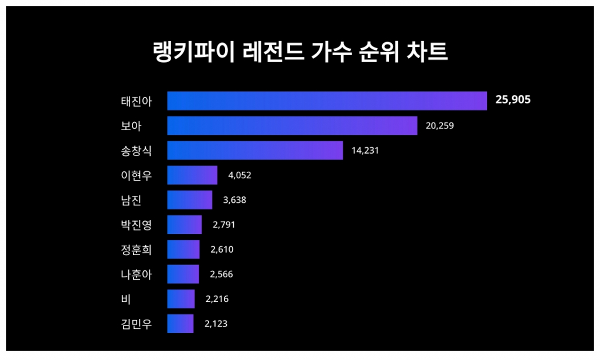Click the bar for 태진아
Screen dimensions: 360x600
coord(327,101)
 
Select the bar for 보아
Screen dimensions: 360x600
coord(292,125)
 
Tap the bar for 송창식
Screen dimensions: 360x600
coord(255,150)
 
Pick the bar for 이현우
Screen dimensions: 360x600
coord(192,175)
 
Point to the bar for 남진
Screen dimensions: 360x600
coord(190,200)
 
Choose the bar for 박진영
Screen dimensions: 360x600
coord(185,225)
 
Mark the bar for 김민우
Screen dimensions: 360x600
coord(180,324)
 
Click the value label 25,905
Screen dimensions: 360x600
coord(513,100)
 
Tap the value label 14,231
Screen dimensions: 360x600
coord(366,150)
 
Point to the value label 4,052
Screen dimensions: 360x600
coord(240,175)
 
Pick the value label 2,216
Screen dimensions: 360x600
coord(217,299)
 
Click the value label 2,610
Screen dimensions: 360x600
coord(222,250)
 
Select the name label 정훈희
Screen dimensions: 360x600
coord(136,250)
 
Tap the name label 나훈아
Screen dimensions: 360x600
coord(136,274)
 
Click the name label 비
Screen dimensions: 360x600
coord(125,299)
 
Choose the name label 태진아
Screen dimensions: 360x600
coord(136,101)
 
